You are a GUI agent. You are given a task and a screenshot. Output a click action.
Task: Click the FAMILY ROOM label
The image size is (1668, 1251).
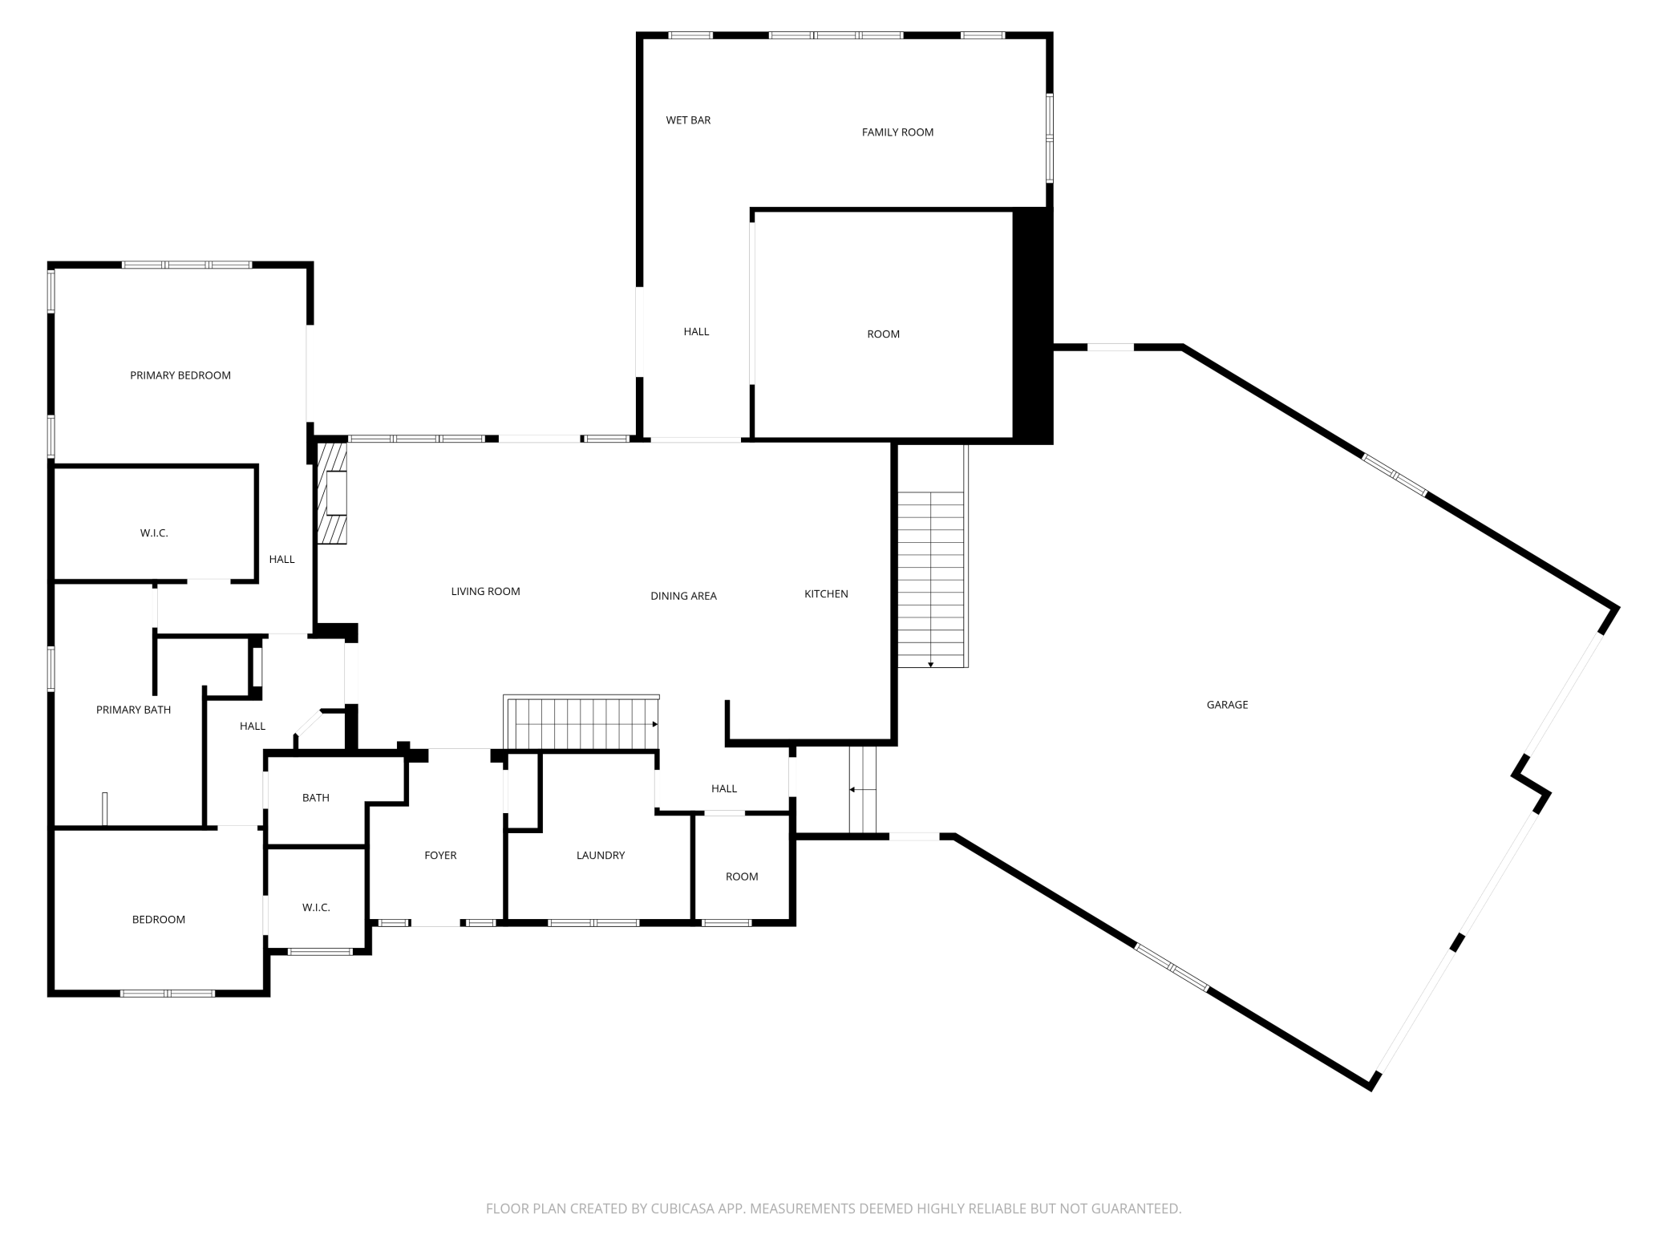point(897,132)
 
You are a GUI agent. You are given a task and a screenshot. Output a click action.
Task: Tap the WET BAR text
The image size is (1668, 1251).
point(688,120)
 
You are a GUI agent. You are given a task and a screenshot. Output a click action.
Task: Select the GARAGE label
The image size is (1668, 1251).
point(1227,705)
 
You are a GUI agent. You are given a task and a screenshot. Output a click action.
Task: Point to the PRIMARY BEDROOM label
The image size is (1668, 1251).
point(180,375)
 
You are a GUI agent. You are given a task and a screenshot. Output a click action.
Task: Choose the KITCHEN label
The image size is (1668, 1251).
point(826,594)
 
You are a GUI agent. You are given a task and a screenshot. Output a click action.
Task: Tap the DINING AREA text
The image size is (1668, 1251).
point(683,596)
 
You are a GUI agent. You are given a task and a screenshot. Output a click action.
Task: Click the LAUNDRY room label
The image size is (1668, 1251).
point(600,856)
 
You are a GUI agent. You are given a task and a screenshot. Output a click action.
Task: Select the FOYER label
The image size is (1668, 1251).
point(440,856)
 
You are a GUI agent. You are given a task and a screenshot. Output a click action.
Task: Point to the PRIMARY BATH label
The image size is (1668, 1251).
point(133,710)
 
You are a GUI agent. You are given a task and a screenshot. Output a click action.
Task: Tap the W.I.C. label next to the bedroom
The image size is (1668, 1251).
point(316,908)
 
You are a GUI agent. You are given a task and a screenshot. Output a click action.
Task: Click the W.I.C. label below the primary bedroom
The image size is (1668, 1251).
point(154,533)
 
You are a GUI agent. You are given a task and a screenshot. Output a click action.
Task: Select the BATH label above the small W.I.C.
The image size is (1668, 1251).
point(316,798)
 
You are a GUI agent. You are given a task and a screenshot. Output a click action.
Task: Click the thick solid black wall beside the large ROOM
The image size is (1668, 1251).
point(1032,325)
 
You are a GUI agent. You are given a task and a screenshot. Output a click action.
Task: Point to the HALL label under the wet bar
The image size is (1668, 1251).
point(696,332)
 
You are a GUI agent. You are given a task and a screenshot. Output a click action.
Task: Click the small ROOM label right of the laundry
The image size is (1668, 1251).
point(742,877)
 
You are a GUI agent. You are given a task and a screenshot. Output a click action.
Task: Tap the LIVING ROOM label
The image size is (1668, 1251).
point(485,592)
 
